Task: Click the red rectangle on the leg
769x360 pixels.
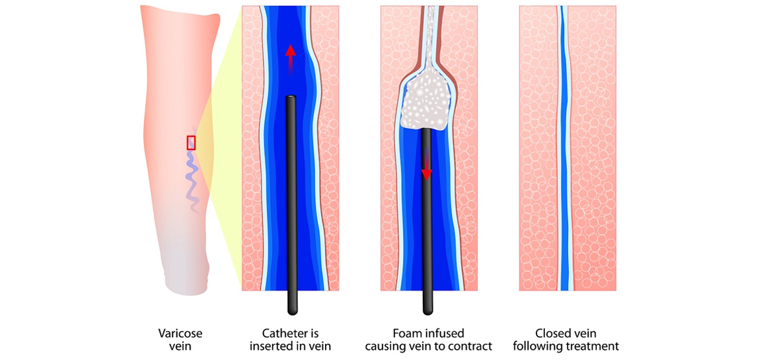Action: (x=192, y=142)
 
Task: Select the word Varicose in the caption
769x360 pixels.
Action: (x=180, y=333)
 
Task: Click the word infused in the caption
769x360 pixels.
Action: (x=447, y=333)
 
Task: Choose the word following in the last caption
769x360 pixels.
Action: (x=542, y=346)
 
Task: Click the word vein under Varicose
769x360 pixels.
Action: (x=180, y=346)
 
